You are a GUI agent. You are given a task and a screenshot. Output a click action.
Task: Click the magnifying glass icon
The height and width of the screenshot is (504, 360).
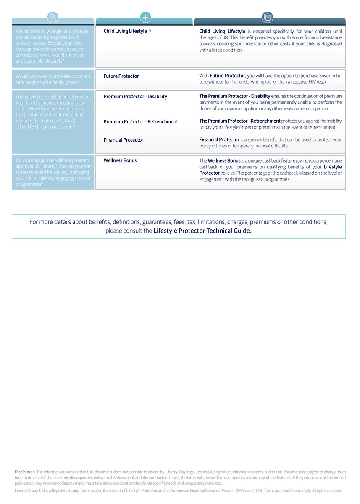pyautogui.click(x=53, y=17)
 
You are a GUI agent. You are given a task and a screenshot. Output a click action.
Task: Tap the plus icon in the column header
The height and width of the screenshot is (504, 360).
pyautogui.click(x=145, y=17)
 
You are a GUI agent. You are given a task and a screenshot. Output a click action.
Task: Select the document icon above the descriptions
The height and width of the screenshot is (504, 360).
pyautogui.click(x=267, y=17)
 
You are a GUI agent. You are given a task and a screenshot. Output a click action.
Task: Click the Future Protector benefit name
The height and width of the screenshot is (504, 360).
pyautogui.click(x=121, y=76)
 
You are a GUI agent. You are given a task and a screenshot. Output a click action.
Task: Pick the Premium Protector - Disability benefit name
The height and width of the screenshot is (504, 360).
pyautogui.click(x=135, y=97)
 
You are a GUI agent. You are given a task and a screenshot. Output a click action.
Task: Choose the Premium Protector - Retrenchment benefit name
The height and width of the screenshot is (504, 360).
pyautogui.click(x=141, y=122)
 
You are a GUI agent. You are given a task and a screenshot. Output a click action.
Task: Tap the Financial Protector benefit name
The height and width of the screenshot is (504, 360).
pyautogui.click(x=124, y=140)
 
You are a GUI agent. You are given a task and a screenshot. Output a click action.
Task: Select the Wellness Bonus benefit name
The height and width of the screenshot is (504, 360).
pyautogui.click(x=120, y=160)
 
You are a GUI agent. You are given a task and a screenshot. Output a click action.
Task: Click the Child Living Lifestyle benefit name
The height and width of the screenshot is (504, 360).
pyautogui.click(x=125, y=31)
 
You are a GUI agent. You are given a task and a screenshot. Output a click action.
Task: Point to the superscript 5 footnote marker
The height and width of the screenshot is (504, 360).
pyautogui.click(x=150, y=30)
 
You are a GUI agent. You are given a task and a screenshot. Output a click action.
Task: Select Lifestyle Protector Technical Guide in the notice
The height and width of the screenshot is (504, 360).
pyautogui.click(x=202, y=231)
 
